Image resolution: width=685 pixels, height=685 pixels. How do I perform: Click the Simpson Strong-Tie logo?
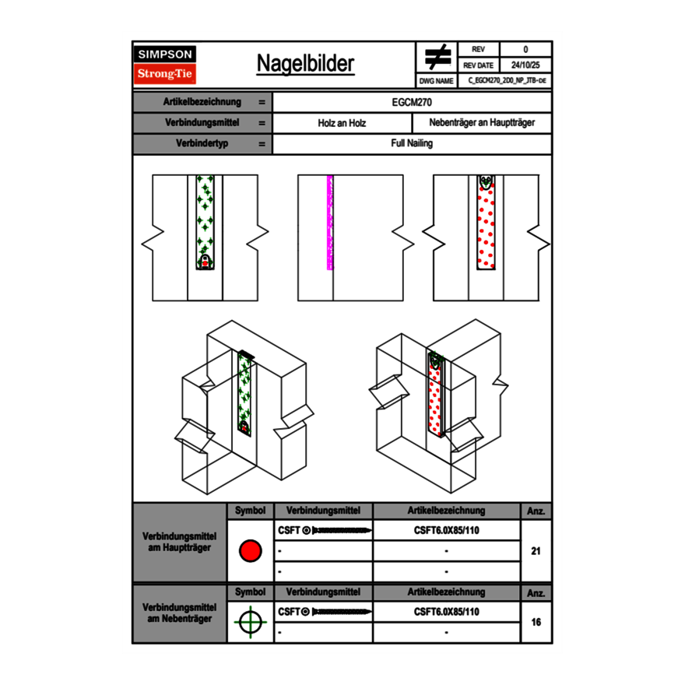[165, 65]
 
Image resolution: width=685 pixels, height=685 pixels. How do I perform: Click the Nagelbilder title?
[305, 64]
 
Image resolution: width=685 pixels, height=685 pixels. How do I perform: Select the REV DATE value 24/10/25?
[525, 65]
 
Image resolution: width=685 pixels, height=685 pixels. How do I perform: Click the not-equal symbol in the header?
[437, 57]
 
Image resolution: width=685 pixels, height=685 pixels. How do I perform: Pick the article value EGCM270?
[412, 102]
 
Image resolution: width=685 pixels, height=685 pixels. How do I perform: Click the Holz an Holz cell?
[342, 123]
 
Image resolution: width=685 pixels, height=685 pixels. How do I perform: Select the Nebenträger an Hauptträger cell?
[482, 123]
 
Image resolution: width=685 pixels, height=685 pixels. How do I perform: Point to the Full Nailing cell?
[412, 144]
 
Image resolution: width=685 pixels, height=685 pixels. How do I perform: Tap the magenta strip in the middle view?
[330, 223]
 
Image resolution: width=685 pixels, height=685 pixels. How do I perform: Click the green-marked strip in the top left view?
[205, 218]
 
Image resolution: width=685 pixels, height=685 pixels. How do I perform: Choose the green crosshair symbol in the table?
[250, 622]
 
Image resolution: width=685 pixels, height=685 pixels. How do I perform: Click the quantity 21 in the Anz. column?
[536, 552]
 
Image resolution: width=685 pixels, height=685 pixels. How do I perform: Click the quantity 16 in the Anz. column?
[536, 622]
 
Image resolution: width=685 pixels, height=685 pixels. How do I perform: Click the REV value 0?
[525, 50]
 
